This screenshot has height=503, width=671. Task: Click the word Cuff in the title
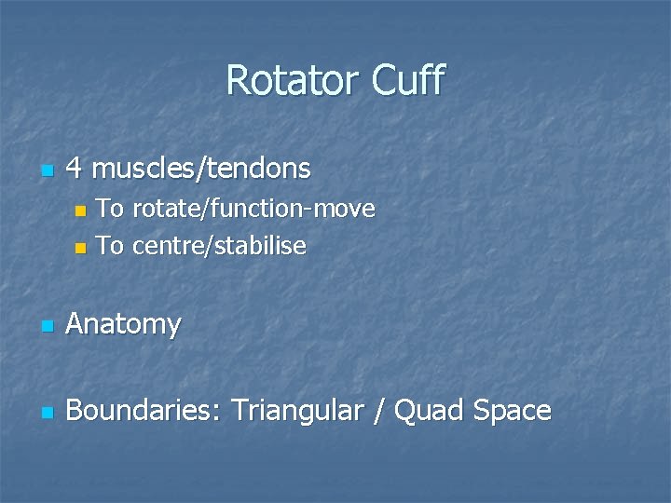[408, 81]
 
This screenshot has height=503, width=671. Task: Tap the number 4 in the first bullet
[76, 169]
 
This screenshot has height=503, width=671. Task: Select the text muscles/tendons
[202, 169]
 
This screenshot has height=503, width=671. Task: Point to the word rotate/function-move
[253, 209]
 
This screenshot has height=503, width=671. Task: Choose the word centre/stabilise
[219, 246]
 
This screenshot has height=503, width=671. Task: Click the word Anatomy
[124, 325]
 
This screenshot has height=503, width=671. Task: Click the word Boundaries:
[144, 411]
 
